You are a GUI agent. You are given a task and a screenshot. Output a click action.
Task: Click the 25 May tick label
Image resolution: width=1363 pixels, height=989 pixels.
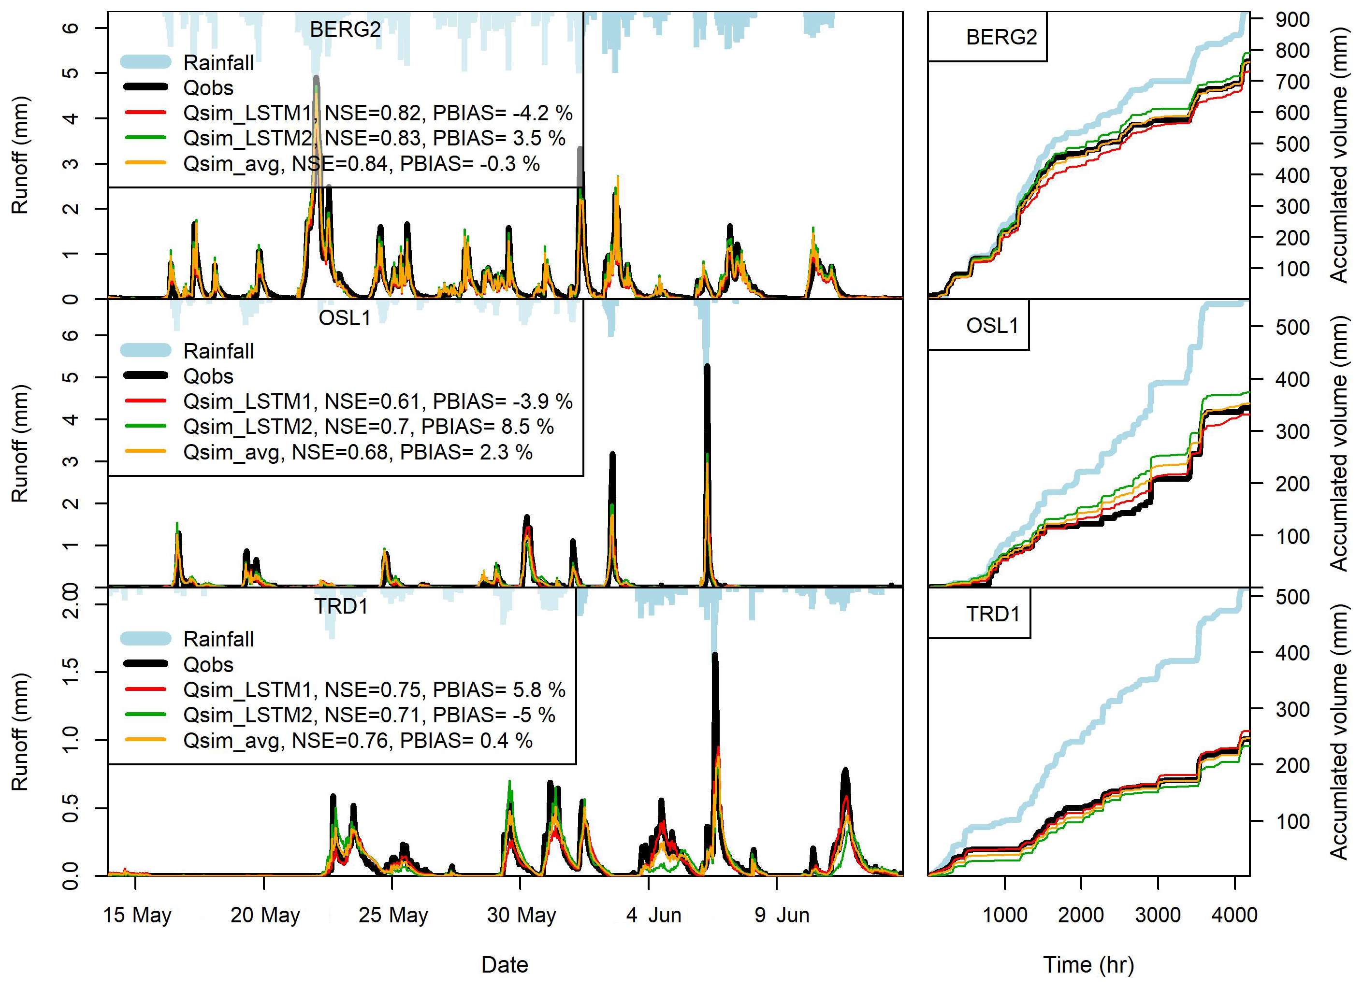(x=393, y=915)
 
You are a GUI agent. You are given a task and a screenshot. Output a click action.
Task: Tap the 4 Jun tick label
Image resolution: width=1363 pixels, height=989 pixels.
(x=653, y=915)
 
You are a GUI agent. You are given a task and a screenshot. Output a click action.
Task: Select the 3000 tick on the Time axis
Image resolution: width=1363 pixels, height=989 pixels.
(x=1158, y=915)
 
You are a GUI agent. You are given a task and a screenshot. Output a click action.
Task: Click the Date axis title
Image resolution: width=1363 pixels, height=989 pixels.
(x=504, y=965)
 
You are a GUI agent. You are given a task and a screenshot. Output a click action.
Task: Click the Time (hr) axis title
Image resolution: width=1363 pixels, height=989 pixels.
(x=1088, y=965)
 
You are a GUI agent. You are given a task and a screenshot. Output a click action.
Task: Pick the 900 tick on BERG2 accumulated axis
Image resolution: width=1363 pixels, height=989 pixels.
(x=1293, y=20)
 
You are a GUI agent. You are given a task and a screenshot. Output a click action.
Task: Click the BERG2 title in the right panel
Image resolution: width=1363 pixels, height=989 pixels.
(x=1001, y=37)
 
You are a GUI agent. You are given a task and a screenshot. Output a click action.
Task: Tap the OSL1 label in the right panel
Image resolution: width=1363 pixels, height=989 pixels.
(x=992, y=326)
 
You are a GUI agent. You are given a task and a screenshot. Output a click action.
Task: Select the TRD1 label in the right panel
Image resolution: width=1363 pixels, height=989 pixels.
(x=993, y=614)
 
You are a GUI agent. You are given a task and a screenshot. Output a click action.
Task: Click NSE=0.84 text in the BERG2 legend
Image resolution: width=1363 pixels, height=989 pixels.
(x=340, y=164)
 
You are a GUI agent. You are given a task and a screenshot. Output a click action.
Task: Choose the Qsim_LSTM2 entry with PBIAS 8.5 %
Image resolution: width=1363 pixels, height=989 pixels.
(x=368, y=427)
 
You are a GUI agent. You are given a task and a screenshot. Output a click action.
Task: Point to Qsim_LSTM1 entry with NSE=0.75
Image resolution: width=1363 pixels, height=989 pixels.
(x=374, y=690)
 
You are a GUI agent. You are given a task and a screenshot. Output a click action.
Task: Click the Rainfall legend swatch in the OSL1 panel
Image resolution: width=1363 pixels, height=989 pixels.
(x=145, y=350)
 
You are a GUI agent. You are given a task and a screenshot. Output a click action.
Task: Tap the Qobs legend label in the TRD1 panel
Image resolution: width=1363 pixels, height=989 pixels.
(x=208, y=664)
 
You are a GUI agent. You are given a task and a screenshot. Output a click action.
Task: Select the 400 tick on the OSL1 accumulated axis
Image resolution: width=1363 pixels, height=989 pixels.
(x=1293, y=380)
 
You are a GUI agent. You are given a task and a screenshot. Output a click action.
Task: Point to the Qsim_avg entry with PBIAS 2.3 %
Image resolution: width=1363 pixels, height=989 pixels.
(x=358, y=452)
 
